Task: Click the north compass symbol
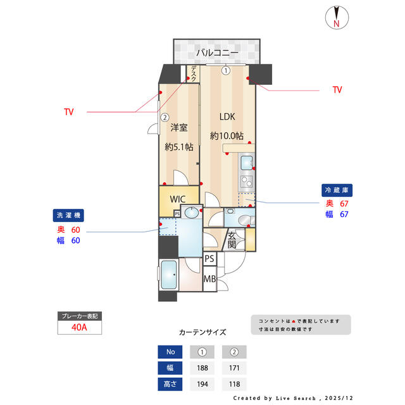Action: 337,17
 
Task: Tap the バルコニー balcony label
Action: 216,53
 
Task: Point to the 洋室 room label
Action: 179,127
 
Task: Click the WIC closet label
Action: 178,197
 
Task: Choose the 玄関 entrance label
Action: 232,240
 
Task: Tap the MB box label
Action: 209,278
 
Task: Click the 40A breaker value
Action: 79,327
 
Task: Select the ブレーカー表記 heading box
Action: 79,315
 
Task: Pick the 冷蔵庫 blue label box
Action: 337,189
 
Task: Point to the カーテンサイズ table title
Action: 202,332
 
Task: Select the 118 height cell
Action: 234,383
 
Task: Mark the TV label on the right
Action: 337,90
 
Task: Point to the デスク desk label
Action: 194,75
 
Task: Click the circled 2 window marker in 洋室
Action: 165,116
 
